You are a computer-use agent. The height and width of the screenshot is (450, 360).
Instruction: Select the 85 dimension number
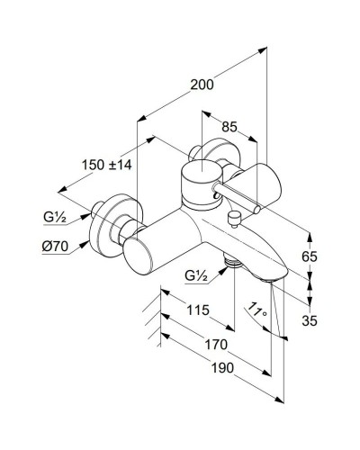pos(230,128)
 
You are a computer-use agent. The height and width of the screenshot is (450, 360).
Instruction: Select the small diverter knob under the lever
pos(234,216)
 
